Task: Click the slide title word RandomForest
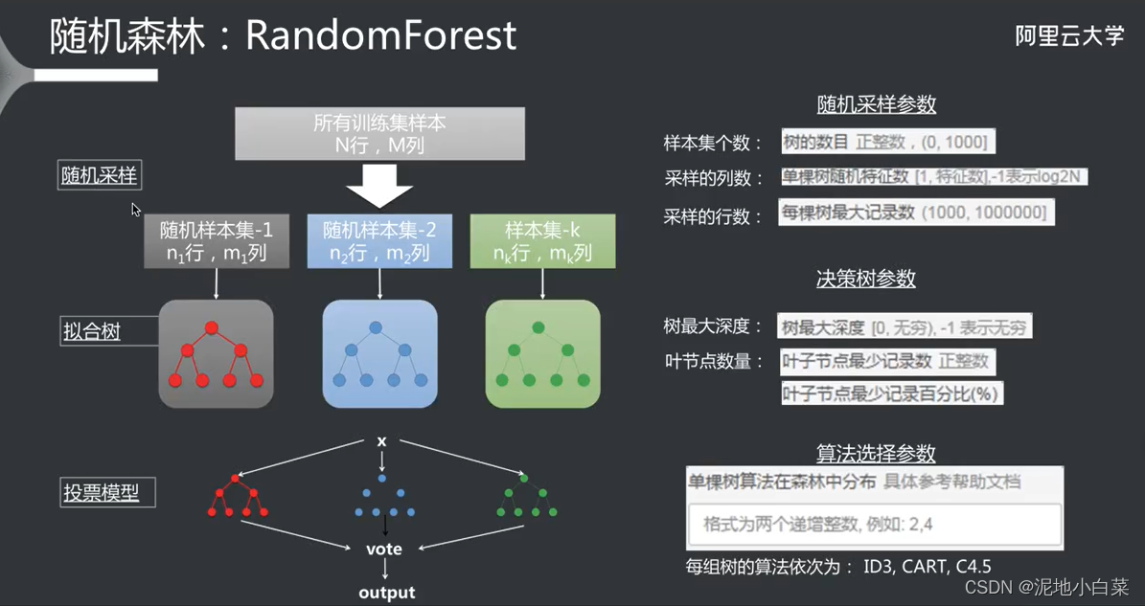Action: tap(381, 35)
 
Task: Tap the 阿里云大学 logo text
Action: tap(1069, 36)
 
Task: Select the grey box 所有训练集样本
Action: tap(379, 134)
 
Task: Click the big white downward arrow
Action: tap(379, 185)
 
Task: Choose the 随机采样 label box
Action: tap(100, 176)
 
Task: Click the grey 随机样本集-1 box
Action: tap(216, 242)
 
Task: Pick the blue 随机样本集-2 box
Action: tap(379, 242)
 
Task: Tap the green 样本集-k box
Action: tap(542, 242)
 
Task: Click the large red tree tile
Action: tap(216, 354)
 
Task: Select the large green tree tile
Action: tap(542, 354)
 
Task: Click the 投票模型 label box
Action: tap(107, 494)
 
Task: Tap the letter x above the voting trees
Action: tap(381, 441)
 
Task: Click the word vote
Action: tap(384, 550)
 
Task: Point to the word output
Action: tap(386, 593)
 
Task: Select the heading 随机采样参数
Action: tap(876, 104)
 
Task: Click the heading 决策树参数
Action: tap(865, 279)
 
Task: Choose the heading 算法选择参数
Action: tap(876, 453)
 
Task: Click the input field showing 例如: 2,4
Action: tap(874, 526)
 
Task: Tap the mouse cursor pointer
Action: tap(136, 209)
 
